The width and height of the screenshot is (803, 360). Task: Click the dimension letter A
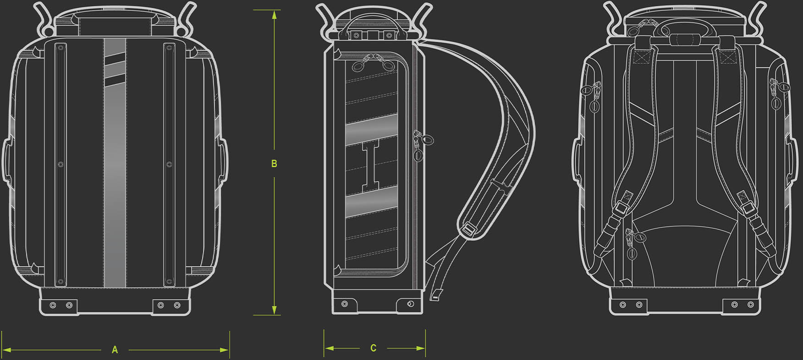pyautogui.click(x=115, y=350)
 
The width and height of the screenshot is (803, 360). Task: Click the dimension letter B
pyautogui.click(x=274, y=164)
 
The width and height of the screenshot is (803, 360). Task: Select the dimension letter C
pyautogui.click(x=374, y=348)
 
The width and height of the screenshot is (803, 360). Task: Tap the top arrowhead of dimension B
pyautogui.click(x=274, y=15)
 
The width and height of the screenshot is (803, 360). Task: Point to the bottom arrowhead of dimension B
pyautogui.click(x=274, y=310)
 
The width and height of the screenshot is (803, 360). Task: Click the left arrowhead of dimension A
pyautogui.click(x=6, y=350)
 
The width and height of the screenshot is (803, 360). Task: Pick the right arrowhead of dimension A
pyautogui.click(x=224, y=350)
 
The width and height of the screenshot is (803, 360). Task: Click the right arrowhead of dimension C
pyautogui.click(x=420, y=349)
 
